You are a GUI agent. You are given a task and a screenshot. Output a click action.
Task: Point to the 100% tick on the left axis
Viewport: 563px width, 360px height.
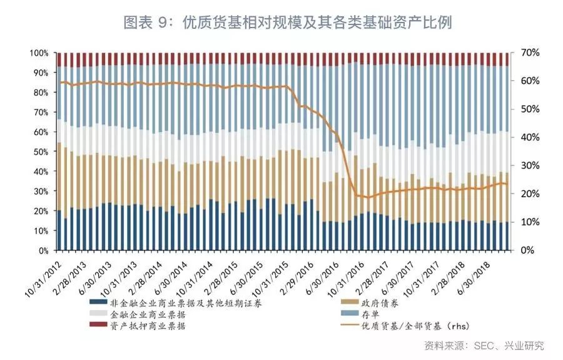pyautogui.click(x=39, y=53)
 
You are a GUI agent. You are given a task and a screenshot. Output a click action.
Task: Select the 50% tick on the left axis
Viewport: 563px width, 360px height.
pyautogui.click(x=41, y=152)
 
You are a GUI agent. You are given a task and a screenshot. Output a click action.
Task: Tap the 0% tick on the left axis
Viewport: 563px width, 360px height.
pyautogui.click(x=43, y=250)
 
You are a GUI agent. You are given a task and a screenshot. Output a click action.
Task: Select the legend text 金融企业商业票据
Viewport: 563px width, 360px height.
pyautogui.click(x=147, y=314)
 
